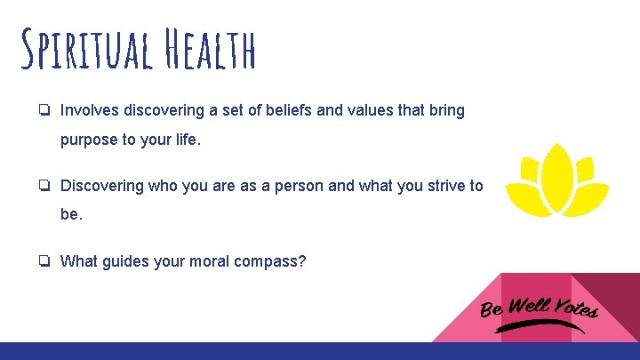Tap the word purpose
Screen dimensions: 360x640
point(89,140)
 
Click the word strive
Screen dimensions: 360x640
point(444,186)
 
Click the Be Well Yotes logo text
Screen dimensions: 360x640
point(539,307)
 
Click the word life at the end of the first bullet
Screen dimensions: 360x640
point(187,140)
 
